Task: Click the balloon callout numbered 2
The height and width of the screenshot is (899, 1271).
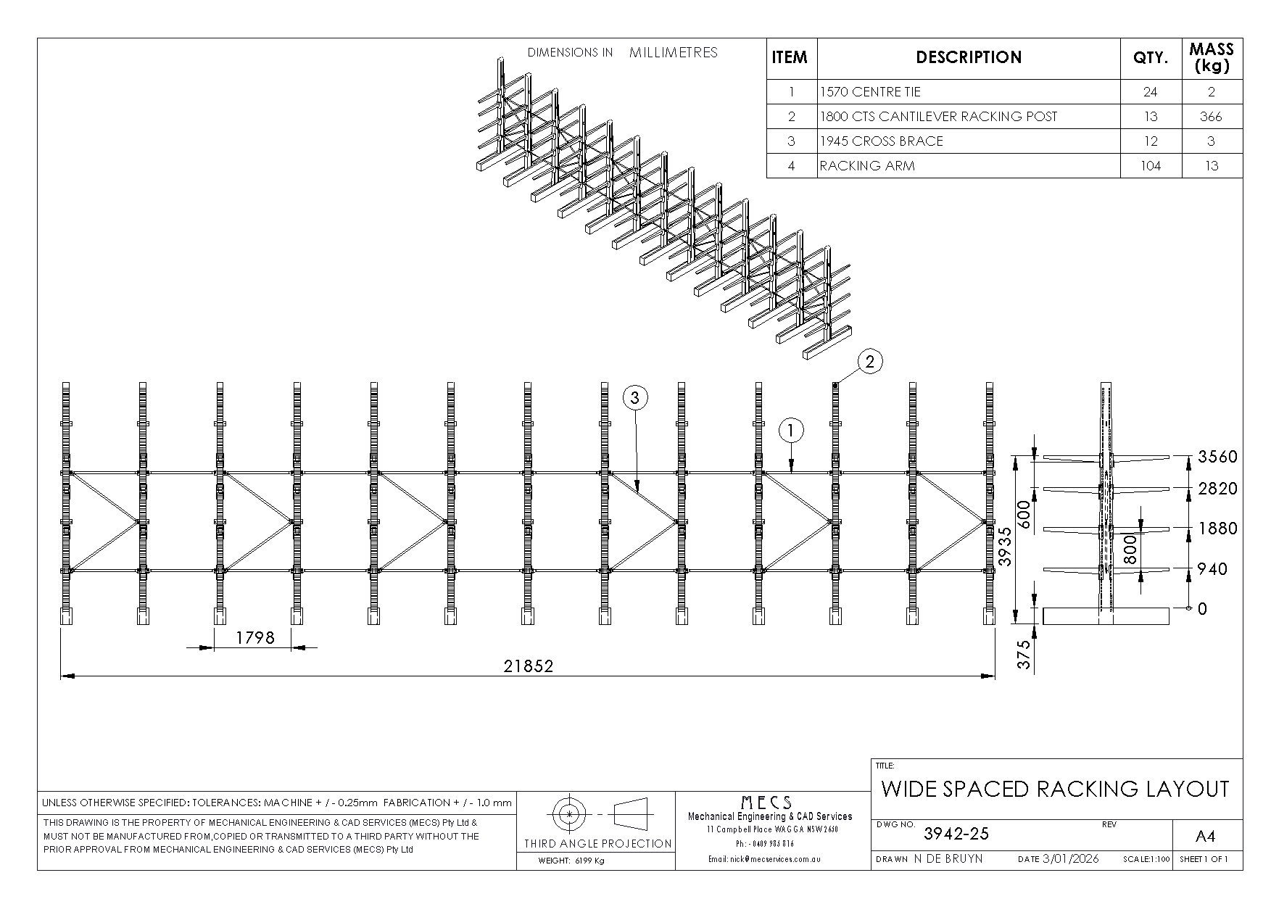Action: [871, 361]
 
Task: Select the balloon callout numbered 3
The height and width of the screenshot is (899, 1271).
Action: [635, 397]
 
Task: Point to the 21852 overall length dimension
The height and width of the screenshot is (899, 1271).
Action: [529, 666]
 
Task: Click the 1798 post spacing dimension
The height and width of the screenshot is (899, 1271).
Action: [255, 637]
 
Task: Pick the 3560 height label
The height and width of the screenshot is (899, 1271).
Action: [1217, 457]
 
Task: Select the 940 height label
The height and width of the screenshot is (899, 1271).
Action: [1213, 569]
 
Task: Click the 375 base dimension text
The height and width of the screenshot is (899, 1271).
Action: [1024, 655]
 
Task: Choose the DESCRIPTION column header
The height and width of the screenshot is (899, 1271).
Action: [969, 57]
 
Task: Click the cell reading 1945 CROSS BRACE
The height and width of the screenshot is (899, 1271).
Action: [882, 141]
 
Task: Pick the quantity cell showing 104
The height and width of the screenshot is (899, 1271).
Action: [1150, 166]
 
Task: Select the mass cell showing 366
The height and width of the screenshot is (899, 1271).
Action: [1211, 117]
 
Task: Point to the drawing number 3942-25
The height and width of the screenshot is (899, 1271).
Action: [956, 834]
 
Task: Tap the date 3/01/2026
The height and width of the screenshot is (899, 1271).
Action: [1070, 859]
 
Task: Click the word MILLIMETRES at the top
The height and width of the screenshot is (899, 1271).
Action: [674, 52]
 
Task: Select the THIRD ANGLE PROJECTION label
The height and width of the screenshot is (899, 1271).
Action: [598, 843]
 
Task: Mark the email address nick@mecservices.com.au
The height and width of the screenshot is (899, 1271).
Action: [774, 859]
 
